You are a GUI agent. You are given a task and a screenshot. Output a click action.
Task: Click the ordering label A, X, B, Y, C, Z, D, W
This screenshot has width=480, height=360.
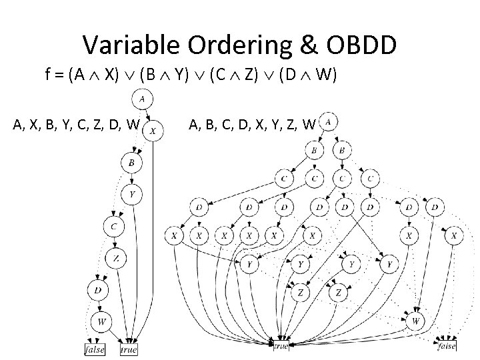(x=77, y=123)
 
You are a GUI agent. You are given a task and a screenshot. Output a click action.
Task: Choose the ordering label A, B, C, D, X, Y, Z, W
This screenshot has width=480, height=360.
(x=253, y=123)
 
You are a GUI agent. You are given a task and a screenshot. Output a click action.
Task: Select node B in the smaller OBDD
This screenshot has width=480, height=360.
(x=131, y=162)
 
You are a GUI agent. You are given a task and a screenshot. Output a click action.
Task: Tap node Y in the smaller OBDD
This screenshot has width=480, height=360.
(x=132, y=195)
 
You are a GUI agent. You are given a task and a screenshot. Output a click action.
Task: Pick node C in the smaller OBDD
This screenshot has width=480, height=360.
(x=113, y=227)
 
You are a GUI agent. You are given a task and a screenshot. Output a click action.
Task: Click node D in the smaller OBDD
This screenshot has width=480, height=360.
(x=98, y=289)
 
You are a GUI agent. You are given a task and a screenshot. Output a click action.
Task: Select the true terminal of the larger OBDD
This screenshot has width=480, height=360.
(x=281, y=345)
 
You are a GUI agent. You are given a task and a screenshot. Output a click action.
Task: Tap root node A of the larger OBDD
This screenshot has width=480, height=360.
(x=329, y=121)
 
